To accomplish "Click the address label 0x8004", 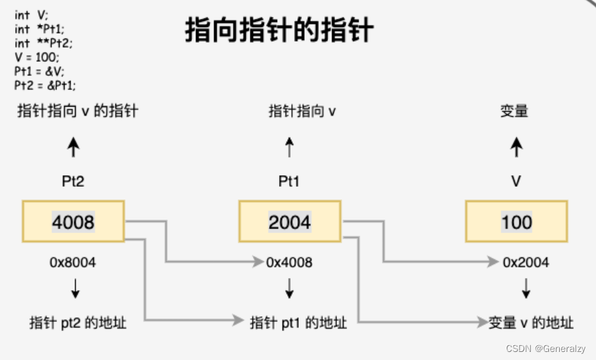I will click(72, 263).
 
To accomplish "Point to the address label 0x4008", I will click(289, 263).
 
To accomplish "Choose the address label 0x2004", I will click(526, 263).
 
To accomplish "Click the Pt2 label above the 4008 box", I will click(72, 181).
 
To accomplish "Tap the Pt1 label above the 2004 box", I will click(289, 181).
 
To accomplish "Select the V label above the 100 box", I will click(516, 181).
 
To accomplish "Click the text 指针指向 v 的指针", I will click(78, 111).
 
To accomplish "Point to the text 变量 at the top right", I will click(514, 111).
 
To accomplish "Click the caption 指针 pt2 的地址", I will click(78, 322).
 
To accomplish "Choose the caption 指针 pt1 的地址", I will click(298, 322).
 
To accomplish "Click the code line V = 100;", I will click(36, 58).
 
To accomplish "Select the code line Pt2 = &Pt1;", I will click(45, 85).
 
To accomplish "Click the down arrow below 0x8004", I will click(74, 289).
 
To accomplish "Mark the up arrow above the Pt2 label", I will click(74, 147).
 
